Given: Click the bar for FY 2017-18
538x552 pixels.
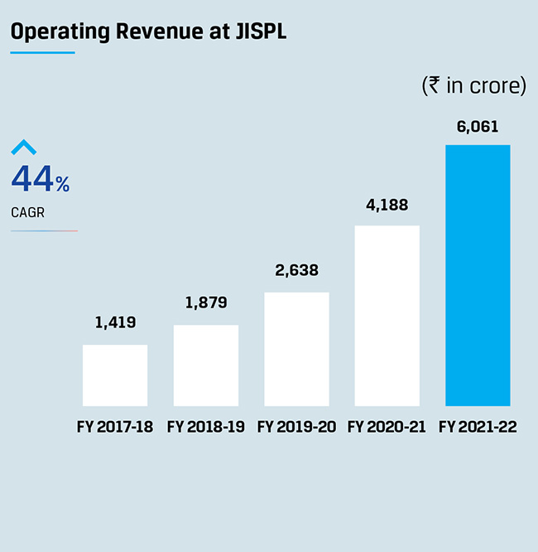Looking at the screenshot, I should coord(115,375).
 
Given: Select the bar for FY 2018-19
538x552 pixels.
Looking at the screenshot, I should coord(206,365).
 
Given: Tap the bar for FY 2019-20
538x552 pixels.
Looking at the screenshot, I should coord(296,348).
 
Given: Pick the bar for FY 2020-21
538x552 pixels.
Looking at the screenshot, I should coord(387,315).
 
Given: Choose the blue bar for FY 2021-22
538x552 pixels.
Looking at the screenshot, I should coord(478,275).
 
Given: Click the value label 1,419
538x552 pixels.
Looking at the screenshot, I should coord(115,323).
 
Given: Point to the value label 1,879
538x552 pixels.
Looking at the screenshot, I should coord(206,303).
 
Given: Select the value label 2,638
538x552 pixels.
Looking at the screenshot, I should coord(296,270).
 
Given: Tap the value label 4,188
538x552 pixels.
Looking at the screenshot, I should coord(387,205).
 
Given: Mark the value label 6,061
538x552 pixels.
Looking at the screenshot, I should coord(478,127).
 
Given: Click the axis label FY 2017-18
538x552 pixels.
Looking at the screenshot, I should coord(115,428).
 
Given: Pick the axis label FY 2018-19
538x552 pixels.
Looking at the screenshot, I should coord(206,428).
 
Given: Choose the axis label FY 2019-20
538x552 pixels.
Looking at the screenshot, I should coord(296,428).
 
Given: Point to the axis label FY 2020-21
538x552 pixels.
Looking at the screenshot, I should coord(387,428).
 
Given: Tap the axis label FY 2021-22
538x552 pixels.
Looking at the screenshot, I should coord(478,428).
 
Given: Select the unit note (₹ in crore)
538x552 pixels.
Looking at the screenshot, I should coord(473,85).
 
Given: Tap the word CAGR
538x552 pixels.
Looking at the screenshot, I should coord(28,213).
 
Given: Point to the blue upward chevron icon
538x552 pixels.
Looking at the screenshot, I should coord(24,148).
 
